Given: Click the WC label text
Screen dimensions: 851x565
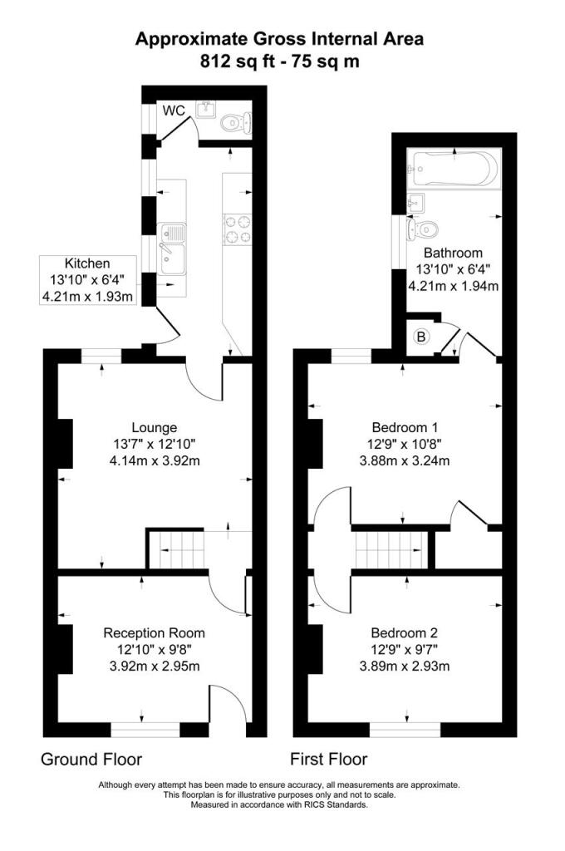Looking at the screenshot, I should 173,111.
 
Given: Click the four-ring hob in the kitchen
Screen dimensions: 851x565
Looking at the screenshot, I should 237,229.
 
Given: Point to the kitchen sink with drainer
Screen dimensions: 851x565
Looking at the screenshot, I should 174,248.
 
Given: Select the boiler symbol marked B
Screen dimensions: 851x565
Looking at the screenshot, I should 421,337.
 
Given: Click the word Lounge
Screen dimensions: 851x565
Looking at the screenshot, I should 154,428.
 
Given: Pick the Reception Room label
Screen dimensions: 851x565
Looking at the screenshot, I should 154,633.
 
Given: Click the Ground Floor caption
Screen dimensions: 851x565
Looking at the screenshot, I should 91,759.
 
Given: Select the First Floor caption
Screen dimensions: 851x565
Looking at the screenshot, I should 328,759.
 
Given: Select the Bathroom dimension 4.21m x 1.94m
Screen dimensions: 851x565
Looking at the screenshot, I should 453,287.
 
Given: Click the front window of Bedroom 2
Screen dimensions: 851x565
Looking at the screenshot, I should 405,729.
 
